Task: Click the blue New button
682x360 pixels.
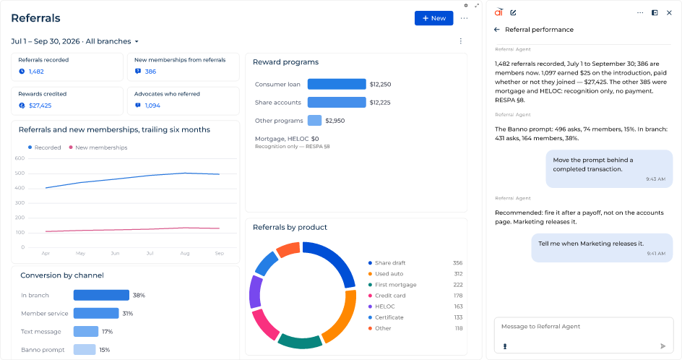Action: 433,18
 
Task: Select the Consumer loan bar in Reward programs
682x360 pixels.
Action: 337,84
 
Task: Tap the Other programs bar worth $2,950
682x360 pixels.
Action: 314,121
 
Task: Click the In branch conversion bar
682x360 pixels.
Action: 101,295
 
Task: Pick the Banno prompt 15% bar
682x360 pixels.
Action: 85,350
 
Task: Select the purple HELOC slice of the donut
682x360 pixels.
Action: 255,292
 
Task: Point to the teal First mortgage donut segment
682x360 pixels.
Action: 300,341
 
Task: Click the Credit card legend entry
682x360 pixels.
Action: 387,296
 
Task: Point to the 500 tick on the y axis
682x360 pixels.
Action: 20,173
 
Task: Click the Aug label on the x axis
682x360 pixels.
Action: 185,253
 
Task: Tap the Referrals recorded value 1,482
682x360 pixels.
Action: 36,72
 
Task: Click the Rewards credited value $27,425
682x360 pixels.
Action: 40,106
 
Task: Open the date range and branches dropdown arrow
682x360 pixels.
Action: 137,42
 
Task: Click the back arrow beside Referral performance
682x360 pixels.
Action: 497,30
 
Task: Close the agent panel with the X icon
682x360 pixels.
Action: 669,12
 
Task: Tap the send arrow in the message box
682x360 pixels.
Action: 663,346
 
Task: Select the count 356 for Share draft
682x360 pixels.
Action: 457,263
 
